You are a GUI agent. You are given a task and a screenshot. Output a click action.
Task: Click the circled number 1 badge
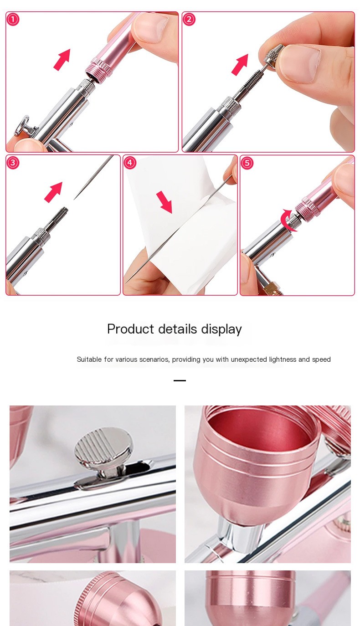[13, 20]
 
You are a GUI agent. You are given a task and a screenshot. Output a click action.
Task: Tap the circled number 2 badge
[189, 19]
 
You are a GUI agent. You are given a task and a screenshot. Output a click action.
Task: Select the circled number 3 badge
[13, 163]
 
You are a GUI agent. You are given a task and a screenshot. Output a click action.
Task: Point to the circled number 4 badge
[130, 163]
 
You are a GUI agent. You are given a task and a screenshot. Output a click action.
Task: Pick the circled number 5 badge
[247, 163]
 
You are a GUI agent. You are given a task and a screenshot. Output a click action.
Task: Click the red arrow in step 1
[62, 59]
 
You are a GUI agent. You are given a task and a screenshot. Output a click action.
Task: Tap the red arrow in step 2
[240, 64]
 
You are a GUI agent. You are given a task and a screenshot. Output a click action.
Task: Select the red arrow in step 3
[53, 192]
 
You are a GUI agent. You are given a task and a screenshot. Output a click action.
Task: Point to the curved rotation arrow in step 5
[286, 221]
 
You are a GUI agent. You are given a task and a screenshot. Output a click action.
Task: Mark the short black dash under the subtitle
[180, 380]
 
